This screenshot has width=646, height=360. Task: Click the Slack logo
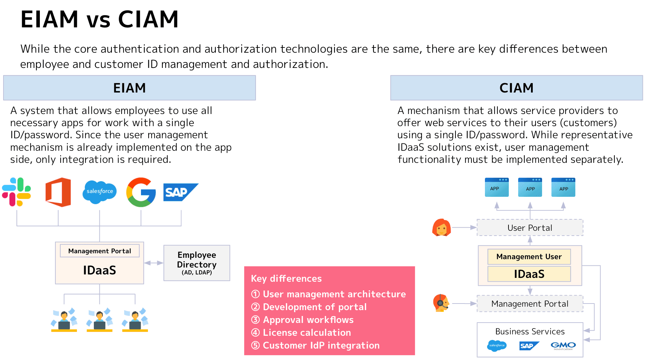tap(17, 192)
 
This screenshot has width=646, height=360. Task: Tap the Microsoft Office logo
tap(58, 192)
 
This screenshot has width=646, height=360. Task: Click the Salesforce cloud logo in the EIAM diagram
tap(100, 192)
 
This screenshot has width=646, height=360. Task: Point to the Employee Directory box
tap(197, 263)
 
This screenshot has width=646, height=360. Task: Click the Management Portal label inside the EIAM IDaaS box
tap(100, 251)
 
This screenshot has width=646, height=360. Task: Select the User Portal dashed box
tap(530, 228)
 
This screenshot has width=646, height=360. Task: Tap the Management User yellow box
tap(529, 257)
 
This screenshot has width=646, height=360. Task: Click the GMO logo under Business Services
tap(563, 345)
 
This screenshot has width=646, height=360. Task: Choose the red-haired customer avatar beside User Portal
tap(441, 228)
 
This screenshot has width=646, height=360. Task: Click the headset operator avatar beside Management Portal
tap(441, 303)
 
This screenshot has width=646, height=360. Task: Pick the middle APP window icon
tap(530, 187)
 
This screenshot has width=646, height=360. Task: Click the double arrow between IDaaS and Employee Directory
tap(154, 263)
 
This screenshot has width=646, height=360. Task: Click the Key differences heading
tap(286, 279)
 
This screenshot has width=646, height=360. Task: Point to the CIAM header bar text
tap(516, 88)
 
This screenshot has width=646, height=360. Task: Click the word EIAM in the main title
tap(50, 19)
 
